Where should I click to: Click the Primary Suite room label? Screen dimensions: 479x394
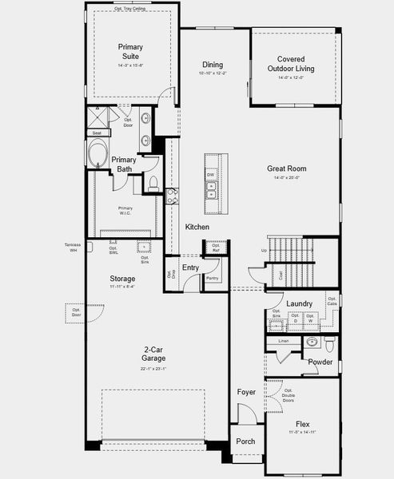tap(130, 52)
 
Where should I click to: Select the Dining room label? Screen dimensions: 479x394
tap(212, 65)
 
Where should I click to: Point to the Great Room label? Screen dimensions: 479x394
tap(286, 168)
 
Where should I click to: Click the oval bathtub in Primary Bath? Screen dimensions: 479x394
tap(100, 152)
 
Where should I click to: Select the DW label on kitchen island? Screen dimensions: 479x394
tap(211, 174)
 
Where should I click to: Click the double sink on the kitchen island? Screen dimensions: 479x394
tap(212, 191)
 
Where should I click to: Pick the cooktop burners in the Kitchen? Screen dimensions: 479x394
tap(172, 196)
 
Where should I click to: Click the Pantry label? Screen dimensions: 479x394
tap(212, 278)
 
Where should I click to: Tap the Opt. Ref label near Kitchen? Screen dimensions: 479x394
tap(215, 249)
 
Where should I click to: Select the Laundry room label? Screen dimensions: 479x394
tap(298, 303)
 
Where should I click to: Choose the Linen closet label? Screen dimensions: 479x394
tap(283, 341)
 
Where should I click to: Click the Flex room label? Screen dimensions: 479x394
tap(302, 425)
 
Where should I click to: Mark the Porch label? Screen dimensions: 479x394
tap(245, 441)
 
